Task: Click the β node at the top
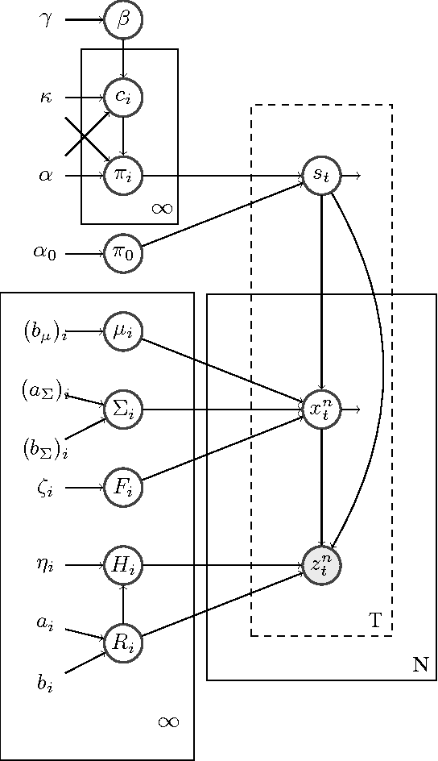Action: click(123, 19)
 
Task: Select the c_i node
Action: click(123, 98)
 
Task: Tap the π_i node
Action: click(123, 175)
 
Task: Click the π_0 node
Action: click(123, 253)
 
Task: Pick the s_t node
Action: click(321, 175)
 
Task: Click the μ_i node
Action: click(123, 331)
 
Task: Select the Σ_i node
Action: click(123, 410)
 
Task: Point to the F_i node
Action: click(123, 487)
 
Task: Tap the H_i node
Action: click(123, 565)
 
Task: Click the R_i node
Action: click(123, 642)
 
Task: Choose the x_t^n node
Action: click(321, 410)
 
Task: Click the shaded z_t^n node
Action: click(321, 565)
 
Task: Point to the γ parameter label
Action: click(46, 19)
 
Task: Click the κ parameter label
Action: click(46, 98)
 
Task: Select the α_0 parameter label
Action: click(44, 253)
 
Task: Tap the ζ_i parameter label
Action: click(45, 488)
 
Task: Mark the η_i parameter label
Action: click(45, 566)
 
